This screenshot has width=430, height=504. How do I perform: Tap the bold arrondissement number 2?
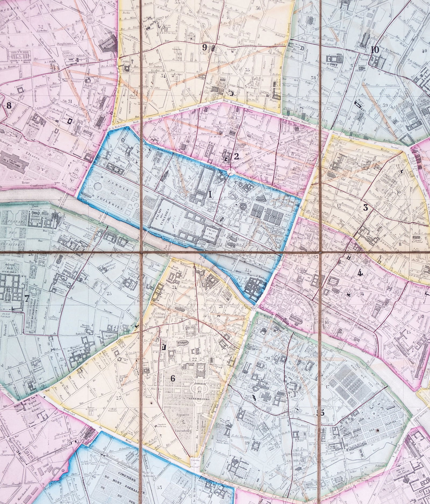(x=236, y=157)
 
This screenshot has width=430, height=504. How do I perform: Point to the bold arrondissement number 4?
(x=360, y=273)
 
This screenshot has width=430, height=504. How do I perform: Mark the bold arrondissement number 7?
(x=26, y=298)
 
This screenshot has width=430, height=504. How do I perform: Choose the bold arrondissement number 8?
(x=9, y=106)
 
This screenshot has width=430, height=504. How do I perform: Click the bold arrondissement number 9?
(x=205, y=48)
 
